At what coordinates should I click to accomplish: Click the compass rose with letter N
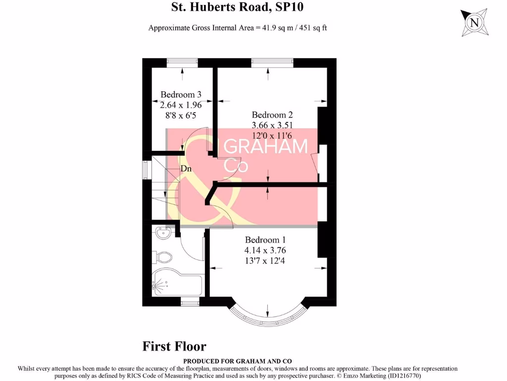point(474,23)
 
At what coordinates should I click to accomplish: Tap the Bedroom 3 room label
point(181,94)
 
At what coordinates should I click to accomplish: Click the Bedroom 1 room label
point(269,240)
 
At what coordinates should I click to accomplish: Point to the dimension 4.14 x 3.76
point(269,250)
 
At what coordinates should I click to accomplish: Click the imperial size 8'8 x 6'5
point(181,115)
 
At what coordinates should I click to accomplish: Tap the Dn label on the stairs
point(186,169)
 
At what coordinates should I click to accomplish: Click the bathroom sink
point(162,233)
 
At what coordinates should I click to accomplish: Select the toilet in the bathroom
point(164,257)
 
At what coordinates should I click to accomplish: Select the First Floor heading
point(174,346)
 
